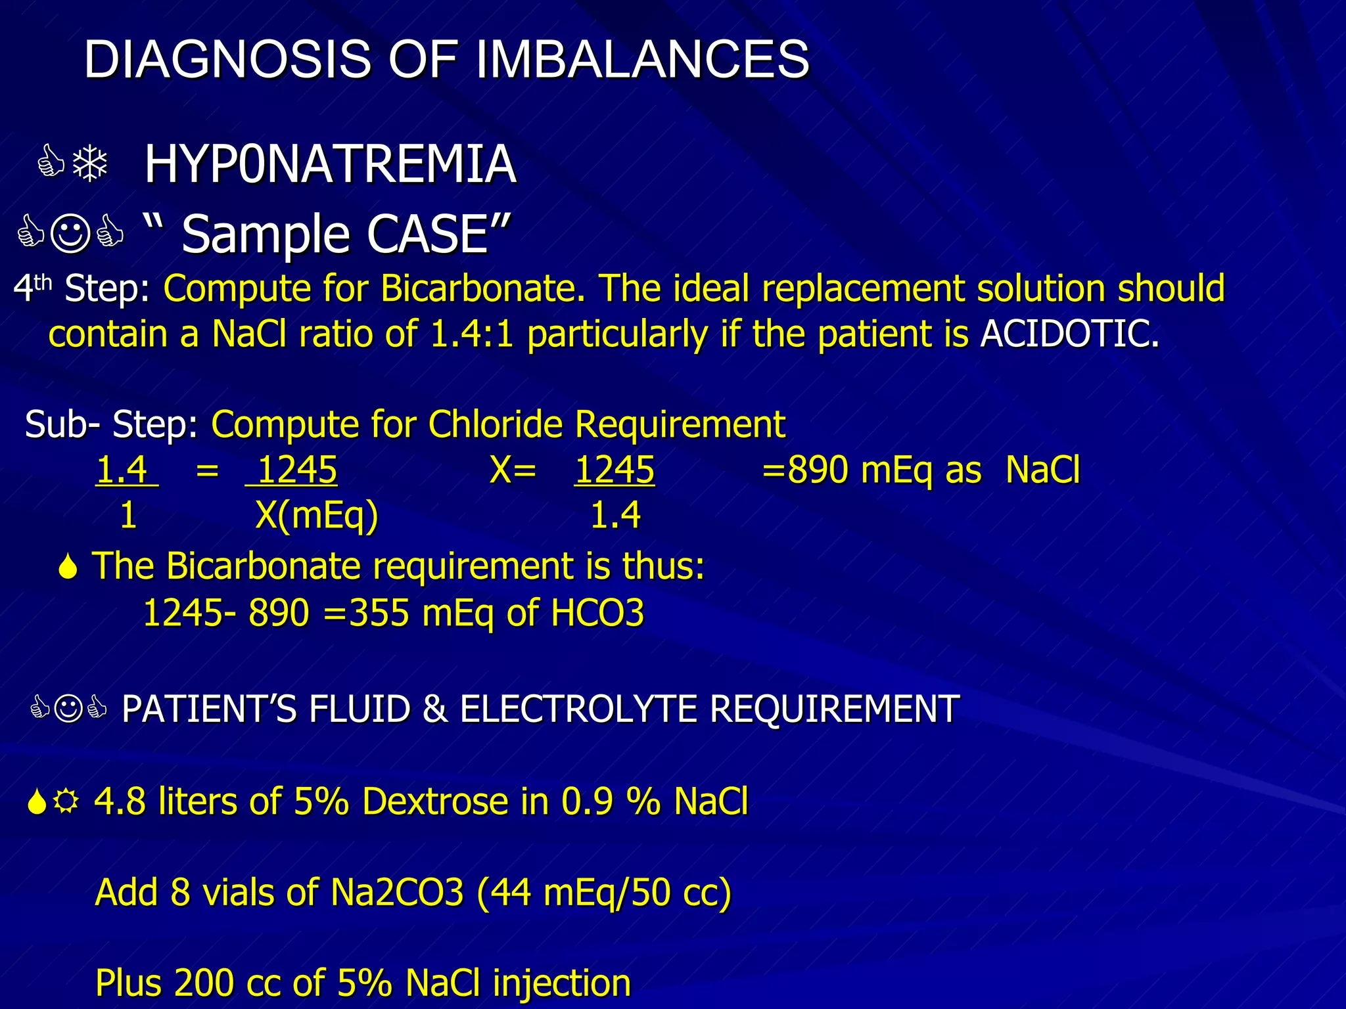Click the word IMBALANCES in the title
(x=642, y=59)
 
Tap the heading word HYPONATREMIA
(x=330, y=164)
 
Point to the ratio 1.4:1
(x=471, y=334)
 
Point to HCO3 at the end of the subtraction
(x=597, y=613)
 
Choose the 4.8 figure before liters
(x=120, y=801)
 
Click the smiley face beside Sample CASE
(x=70, y=234)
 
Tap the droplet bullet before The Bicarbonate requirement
(x=68, y=567)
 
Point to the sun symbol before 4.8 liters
(x=65, y=801)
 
